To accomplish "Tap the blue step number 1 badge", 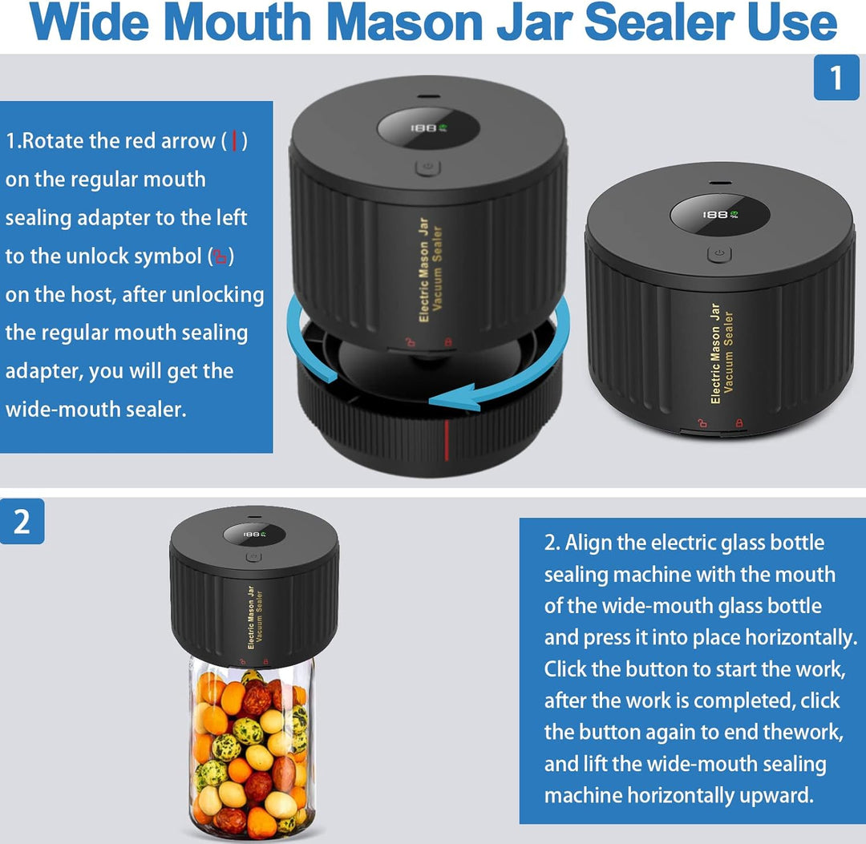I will click(x=836, y=78).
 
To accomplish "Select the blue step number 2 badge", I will click(x=22, y=522).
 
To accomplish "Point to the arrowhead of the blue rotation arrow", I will click(x=437, y=397).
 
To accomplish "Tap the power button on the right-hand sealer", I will click(x=719, y=254).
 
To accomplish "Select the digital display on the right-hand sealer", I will click(x=719, y=214).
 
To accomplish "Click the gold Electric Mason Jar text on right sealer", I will click(x=715, y=353).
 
